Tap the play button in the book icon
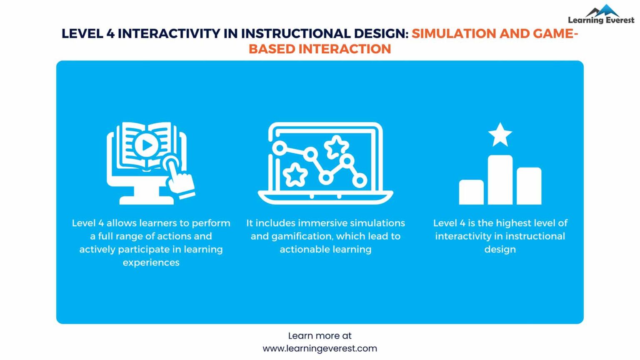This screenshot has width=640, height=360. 146,145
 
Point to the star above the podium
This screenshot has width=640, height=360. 500,135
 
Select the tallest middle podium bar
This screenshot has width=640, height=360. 500,180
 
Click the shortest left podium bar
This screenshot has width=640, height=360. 471,192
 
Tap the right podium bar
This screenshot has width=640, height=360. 529,186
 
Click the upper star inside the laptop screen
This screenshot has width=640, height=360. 336,147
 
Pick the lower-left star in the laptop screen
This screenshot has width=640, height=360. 295,175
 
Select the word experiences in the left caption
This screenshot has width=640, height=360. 151,262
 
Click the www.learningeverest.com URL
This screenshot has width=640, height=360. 320,348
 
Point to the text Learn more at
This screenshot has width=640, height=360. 320,336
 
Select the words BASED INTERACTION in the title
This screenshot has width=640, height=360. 320,49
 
